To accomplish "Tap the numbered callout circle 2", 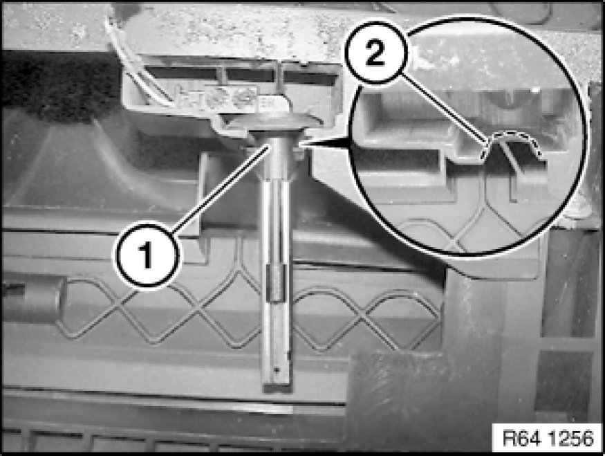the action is (375, 53).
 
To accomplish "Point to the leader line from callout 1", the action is (221, 188).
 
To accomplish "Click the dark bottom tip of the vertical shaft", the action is (277, 387).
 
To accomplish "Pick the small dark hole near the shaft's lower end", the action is (277, 370).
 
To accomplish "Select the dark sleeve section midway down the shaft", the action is (277, 283).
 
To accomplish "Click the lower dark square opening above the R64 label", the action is (564, 381).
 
